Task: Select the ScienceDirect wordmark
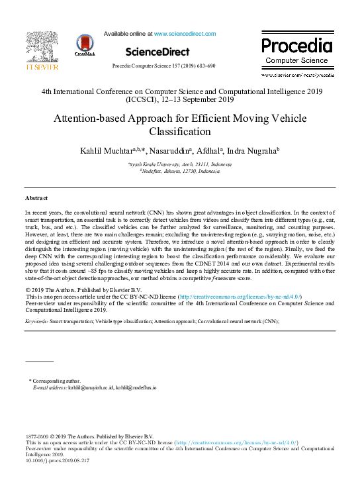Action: click(157, 52)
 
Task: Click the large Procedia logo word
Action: click(296, 46)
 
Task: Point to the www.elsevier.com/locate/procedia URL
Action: click(298, 75)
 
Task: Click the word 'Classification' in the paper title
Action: click(180, 132)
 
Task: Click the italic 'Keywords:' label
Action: click(36, 320)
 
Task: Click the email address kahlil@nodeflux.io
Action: click(136, 387)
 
